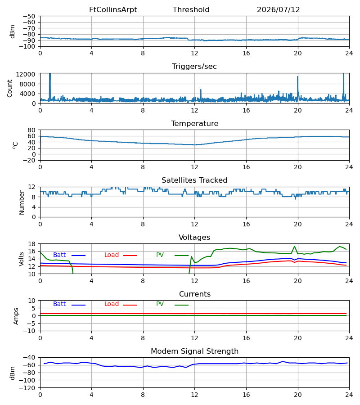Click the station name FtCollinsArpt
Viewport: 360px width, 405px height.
click(x=113, y=10)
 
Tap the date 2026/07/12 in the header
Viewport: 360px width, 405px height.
click(x=279, y=10)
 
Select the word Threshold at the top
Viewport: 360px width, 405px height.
click(x=191, y=10)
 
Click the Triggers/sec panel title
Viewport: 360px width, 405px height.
click(x=194, y=67)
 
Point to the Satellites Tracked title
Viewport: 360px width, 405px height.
click(x=194, y=180)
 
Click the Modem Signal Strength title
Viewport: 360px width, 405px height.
click(x=194, y=351)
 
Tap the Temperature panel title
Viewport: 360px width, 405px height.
click(x=194, y=123)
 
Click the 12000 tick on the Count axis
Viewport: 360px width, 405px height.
click(x=26, y=74)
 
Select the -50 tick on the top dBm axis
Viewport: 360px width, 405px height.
click(x=29, y=16)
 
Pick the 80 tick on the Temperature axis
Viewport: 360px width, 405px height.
click(x=31, y=130)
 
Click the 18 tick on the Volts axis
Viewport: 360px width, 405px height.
click(x=31, y=244)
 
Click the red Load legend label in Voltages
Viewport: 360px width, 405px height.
click(x=112, y=255)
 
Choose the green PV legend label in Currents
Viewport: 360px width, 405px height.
click(x=160, y=304)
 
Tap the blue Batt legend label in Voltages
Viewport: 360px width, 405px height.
click(x=59, y=255)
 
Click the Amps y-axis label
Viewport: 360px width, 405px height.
click(x=16, y=316)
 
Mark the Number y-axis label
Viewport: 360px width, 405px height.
click(x=22, y=203)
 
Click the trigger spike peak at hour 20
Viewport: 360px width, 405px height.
click(x=297, y=76)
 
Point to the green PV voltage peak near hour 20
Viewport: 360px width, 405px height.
click(x=294, y=246)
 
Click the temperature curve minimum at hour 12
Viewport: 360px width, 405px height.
click(x=194, y=145)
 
